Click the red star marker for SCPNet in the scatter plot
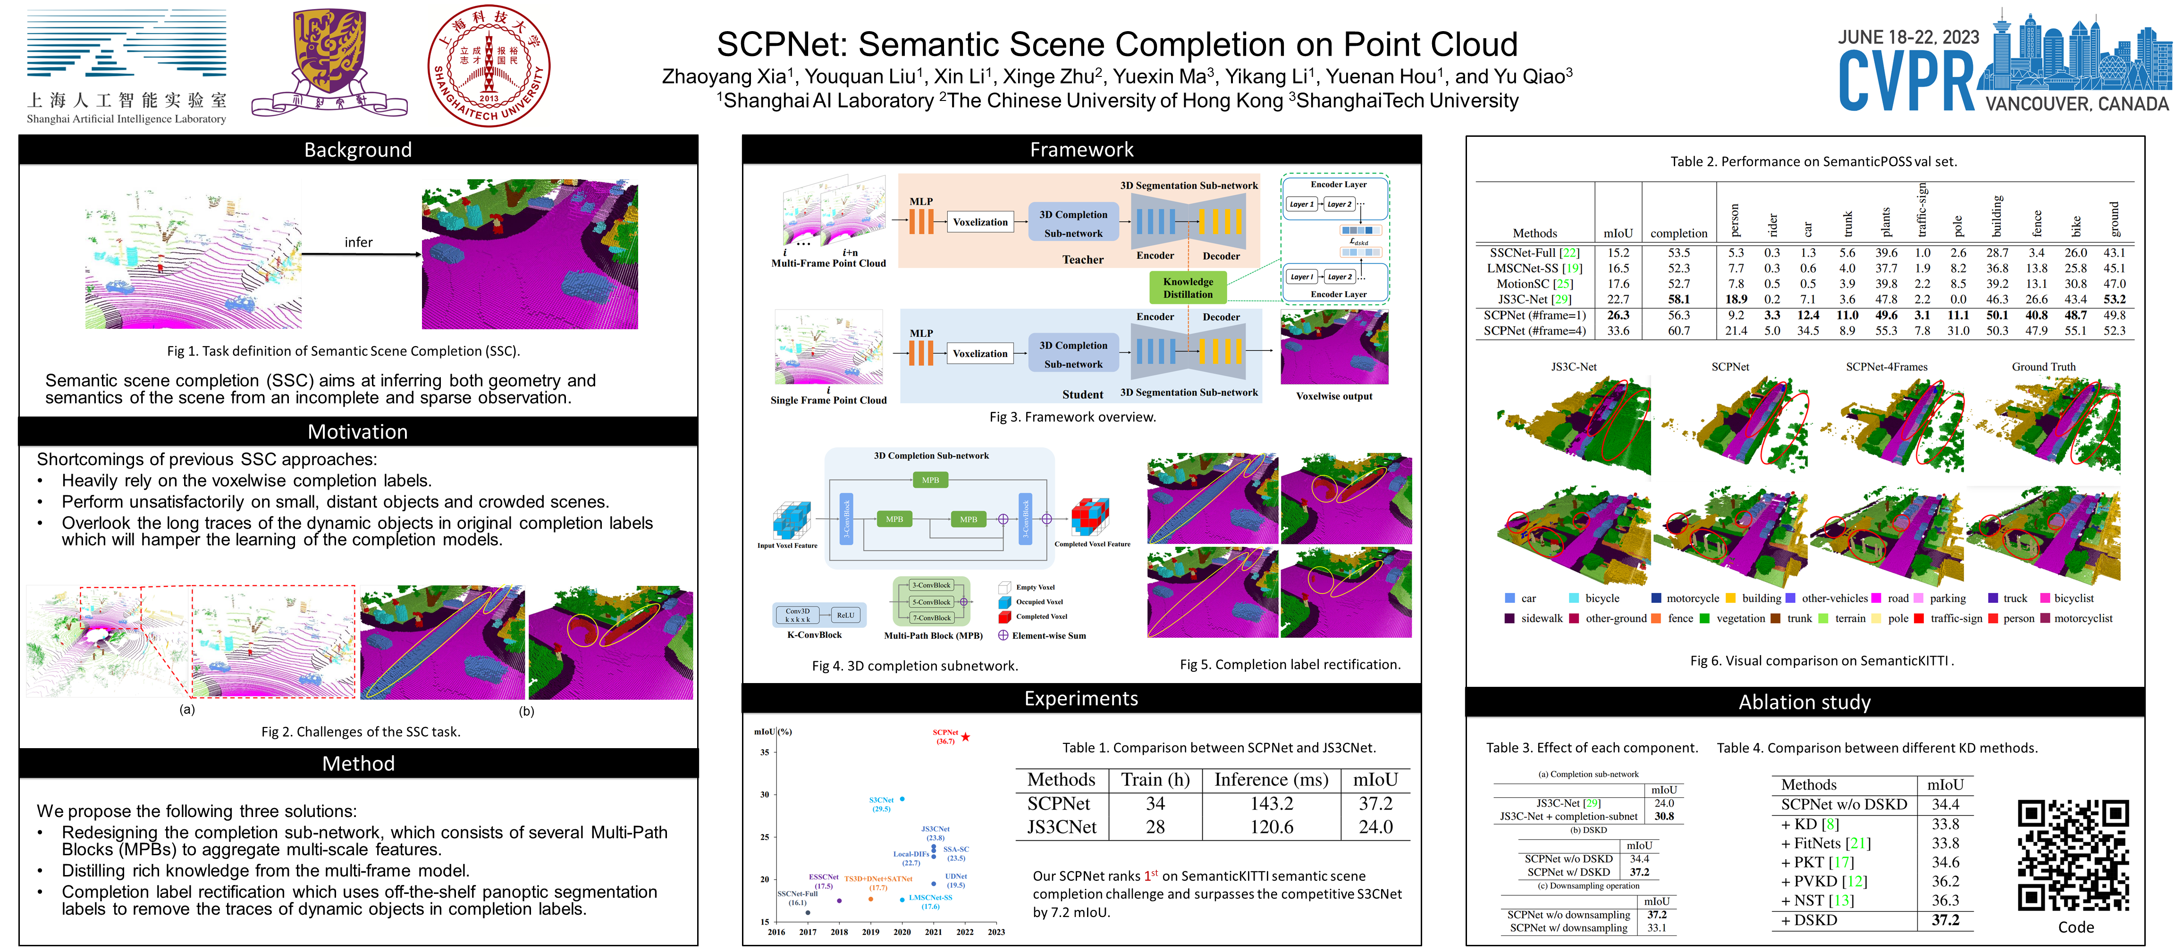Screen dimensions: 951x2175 click(965, 737)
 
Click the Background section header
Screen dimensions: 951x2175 click(358, 150)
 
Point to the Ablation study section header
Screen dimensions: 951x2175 click(1804, 702)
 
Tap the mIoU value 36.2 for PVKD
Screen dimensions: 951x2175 click(1945, 881)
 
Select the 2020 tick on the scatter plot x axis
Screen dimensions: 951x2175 click(902, 932)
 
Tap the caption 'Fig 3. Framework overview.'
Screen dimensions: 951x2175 click(1072, 417)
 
